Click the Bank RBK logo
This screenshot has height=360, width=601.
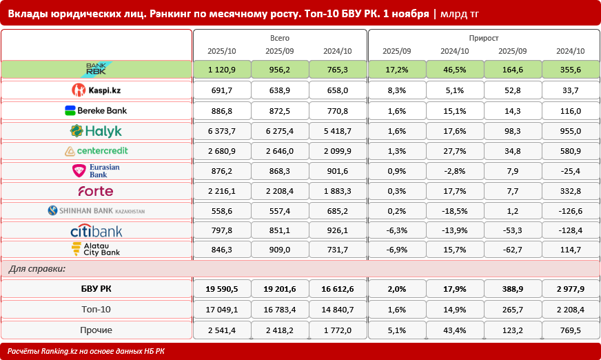(x=96, y=70)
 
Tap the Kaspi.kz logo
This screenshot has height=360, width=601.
(x=96, y=90)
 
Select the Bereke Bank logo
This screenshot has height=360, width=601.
(x=96, y=110)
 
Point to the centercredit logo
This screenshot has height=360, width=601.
(x=96, y=151)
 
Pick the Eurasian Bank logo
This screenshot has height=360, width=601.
(x=96, y=171)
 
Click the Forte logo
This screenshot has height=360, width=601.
(x=96, y=191)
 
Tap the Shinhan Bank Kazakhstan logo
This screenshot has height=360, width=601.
(x=96, y=211)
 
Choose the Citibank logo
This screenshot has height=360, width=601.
(x=96, y=231)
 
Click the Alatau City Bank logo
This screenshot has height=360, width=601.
(x=96, y=249)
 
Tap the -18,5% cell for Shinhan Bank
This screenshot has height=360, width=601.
(x=455, y=211)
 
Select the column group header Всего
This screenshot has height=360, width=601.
(x=280, y=38)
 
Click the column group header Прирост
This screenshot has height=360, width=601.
(x=483, y=38)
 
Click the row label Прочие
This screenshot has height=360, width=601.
(x=96, y=330)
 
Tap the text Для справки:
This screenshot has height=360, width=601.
(x=37, y=269)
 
